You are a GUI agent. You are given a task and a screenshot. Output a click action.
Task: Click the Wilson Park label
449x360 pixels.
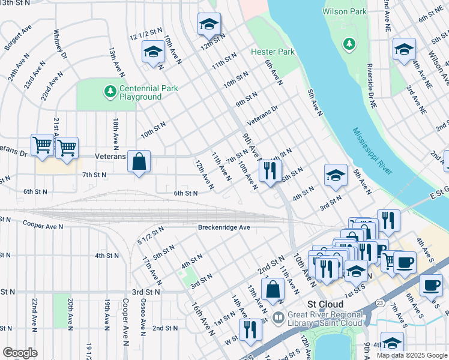[x=344, y=11]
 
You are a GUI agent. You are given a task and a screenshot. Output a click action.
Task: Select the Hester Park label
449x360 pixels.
[x=273, y=52]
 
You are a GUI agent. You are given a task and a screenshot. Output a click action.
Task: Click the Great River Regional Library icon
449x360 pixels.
[x=278, y=317]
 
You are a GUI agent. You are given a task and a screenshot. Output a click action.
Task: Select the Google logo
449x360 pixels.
[x=20, y=353]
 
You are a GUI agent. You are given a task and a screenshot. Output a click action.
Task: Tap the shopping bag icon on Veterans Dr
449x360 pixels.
[x=139, y=162]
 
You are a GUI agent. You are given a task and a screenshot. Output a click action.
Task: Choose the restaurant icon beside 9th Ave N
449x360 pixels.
[x=270, y=170]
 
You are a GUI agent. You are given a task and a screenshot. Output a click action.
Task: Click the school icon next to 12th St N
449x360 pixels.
[x=209, y=24]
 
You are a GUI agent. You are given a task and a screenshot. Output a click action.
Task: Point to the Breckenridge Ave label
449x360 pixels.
[x=224, y=228]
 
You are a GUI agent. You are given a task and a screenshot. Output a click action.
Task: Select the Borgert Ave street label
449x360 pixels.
[x=18, y=37]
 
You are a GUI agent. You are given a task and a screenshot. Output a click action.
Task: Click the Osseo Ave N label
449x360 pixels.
[x=143, y=317]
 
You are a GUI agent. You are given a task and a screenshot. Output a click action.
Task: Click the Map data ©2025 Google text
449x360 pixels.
[x=411, y=355]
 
